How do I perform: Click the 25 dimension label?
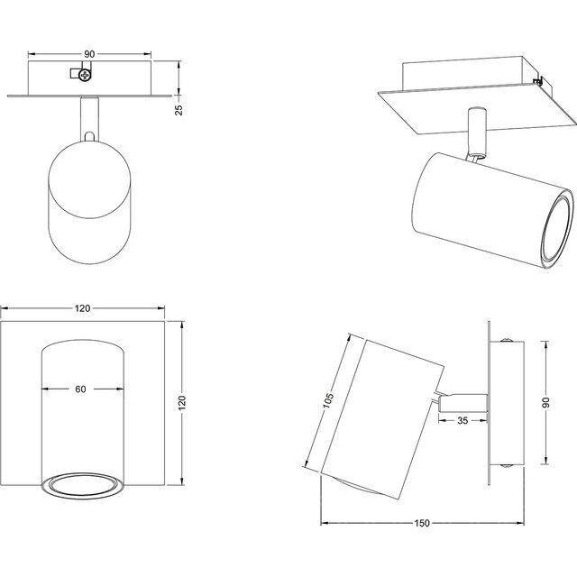179,109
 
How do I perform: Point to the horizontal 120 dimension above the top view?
83,308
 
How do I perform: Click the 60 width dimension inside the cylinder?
81,390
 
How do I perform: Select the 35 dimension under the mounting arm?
462,420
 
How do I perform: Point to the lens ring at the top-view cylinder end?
81,485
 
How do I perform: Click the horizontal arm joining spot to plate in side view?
463,399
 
